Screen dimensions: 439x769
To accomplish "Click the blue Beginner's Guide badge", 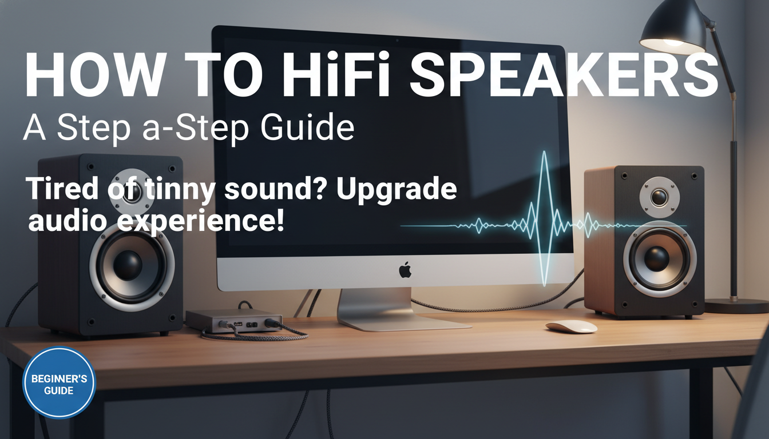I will tap(59, 382).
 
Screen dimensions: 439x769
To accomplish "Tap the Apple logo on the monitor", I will tap(405, 270).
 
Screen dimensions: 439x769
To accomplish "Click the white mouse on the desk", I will tap(570, 327).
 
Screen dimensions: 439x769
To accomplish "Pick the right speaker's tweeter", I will tap(659, 197).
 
